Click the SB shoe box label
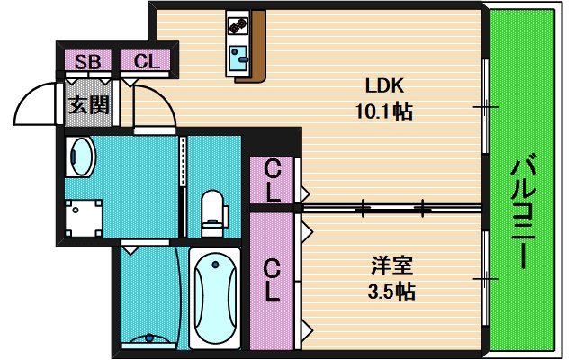click(88, 61)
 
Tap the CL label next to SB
click(147, 61)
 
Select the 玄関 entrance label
click(88, 104)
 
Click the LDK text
click(384, 86)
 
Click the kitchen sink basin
click(240, 60)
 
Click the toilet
click(213, 211)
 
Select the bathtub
click(214, 297)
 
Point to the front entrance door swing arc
click(36, 103)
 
